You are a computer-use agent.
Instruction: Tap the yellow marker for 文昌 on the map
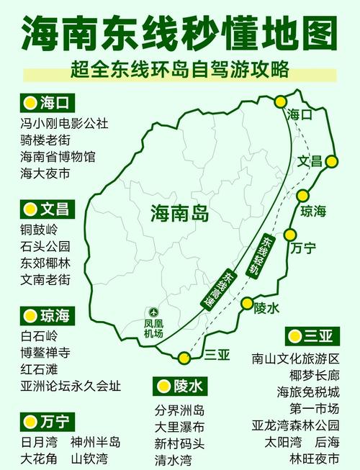pyautogui.click(x=331, y=161)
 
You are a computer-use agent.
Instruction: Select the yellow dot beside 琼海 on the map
pyautogui.click(x=303, y=196)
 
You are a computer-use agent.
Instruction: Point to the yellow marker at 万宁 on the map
pyautogui.click(x=289, y=235)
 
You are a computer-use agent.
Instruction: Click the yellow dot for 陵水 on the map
pyautogui.click(x=247, y=302)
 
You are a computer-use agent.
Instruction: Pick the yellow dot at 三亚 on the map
pyautogui.click(x=186, y=358)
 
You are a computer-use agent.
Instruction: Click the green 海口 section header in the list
pyautogui.click(x=48, y=102)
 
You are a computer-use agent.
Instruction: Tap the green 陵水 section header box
pyautogui.click(x=181, y=387)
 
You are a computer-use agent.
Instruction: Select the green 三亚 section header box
pyautogui.click(x=312, y=335)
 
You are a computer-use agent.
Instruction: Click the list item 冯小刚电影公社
pyautogui.click(x=64, y=123)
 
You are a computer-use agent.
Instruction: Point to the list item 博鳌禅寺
pyautogui.click(x=50, y=353)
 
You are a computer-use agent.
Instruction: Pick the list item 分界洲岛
pyautogui.click(x=179, y=411)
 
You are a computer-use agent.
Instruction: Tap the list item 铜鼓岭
pyautogui.click(x=39, y=230)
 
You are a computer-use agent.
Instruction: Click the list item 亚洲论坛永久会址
pyautogui.click(x=71, y=386)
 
